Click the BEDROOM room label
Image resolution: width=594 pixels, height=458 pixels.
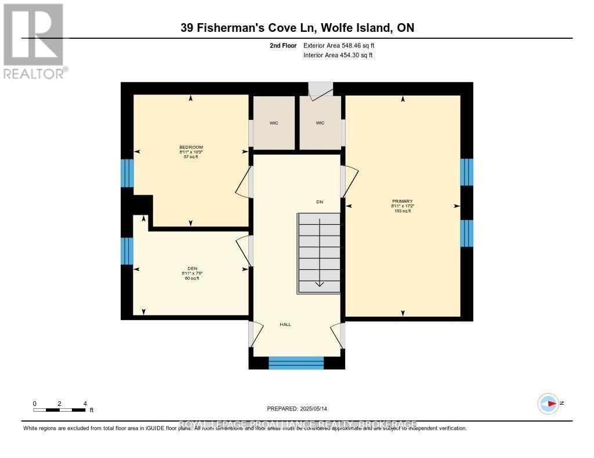coord(191,147)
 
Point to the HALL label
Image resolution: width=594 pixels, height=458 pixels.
coord(285,324)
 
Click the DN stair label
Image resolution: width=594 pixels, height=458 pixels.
coord(319,201)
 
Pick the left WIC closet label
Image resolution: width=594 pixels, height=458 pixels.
coord(274,123)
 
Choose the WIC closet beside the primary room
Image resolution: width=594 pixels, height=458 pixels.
coord(320,123)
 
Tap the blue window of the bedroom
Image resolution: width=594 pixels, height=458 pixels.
coord(127,173)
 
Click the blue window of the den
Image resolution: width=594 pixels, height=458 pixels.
coord(127,251)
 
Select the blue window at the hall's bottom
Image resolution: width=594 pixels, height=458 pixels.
coord(296,363)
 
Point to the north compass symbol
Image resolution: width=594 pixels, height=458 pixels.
coord(548,404)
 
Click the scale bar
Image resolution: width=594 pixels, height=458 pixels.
coord(60,410)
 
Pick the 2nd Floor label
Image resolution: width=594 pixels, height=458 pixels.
coord(284,45)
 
